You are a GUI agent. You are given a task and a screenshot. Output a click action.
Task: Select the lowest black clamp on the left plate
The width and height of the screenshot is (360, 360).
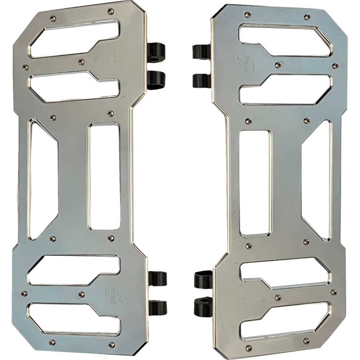point(158,307)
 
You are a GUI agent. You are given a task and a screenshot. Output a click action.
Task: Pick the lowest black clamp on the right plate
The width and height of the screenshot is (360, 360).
point(203,305)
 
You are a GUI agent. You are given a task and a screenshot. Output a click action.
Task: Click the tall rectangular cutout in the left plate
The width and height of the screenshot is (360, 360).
point(104,176)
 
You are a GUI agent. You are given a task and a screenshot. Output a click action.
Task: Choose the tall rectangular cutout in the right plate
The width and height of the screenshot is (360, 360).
point(255,183)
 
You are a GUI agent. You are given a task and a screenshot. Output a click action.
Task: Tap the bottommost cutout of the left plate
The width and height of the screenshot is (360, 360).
point(73,319)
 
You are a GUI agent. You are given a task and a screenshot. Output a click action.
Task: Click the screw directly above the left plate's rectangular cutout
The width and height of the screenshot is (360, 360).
point(110,113)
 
